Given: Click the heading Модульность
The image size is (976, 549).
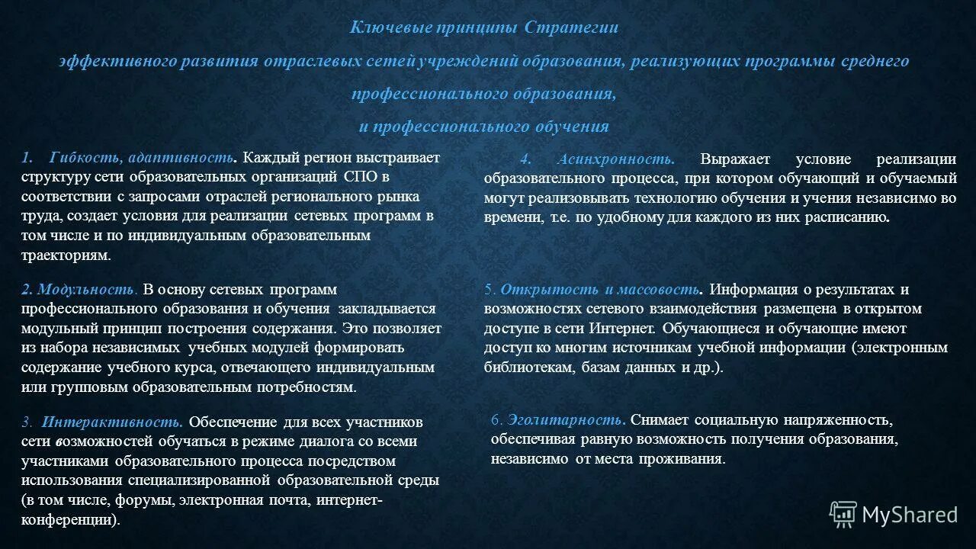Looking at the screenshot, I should pos(86,290).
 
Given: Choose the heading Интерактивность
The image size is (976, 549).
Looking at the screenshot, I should pos(112,422).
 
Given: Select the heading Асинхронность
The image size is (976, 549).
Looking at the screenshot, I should pos(615,159).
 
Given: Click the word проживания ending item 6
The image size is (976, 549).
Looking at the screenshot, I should pos(685,458).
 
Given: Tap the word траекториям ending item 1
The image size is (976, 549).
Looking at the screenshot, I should pos(66,255).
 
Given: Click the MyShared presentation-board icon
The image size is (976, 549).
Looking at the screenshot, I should pos(843,515).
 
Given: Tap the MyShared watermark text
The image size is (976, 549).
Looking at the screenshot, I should pos(910,515).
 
